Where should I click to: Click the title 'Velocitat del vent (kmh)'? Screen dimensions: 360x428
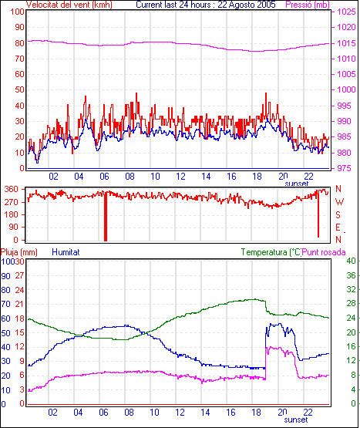pyautogui.click(x=69, y=5)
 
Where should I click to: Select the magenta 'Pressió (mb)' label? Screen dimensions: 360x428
pyautogui.click(x=308, y=5)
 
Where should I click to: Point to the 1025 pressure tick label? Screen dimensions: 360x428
pyautogui.click(x=347, y=12)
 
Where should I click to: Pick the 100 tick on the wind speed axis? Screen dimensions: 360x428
pyautogui.click(x=17, y=12)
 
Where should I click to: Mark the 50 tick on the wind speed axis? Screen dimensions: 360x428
pyautogui.click(x=19, y=89)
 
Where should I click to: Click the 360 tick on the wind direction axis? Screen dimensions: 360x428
pyautogui.click(x=12, y=189)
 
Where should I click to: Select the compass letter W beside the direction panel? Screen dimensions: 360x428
pyautogui.click(x=339, y=202)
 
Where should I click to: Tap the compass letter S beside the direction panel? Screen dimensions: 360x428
pyautogui.click(x=338, y=215)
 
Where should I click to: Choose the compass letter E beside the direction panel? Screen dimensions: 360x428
pyautogui.click(x=338, y=227)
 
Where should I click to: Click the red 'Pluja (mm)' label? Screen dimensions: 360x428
pyautogui.click(x=19, y=252)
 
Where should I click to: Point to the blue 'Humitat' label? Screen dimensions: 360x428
pyautogui.click(x=66, y=252)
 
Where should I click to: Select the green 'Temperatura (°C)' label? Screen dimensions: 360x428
pyautogui.click(x=271, y=252)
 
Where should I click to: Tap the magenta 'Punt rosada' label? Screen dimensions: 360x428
pyautogui.click(x=324, y=252)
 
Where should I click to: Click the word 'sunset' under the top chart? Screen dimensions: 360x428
pyautogui.click(x=297, y=184)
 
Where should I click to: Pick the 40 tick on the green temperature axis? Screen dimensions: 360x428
pyautogui.click(x=351, y=261)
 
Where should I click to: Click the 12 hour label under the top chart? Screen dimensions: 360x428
pyautogui.click(x=180, y=177)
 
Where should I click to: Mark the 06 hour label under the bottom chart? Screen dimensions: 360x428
pyautogui.click(x=103, y=412)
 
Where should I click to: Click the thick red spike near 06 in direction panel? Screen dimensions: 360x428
pyautogui.click(x=106, y=216)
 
